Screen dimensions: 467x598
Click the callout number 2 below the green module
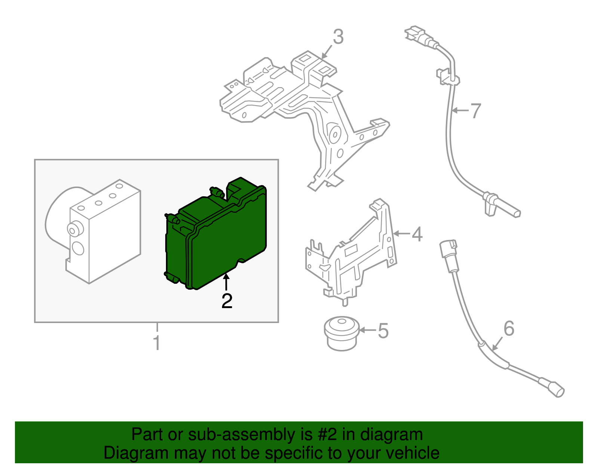pyautogui.click(x=227, y=301)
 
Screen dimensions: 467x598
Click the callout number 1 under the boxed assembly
pyautogui.click(x=157, y=343)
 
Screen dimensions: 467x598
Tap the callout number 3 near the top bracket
pyautogui.click(x=338, y=37)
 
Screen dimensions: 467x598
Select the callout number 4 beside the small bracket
pyautogui.click(x=417, y=234)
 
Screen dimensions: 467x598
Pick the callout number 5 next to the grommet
pyautogui.click(x=383, y=331)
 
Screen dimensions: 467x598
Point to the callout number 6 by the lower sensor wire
pyautogui.click(x=509, y=329)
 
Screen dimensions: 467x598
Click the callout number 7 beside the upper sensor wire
pyautogui.click(x=475, y=111)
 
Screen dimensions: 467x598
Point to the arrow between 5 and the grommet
pyautogui.click(x=367, y=330)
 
